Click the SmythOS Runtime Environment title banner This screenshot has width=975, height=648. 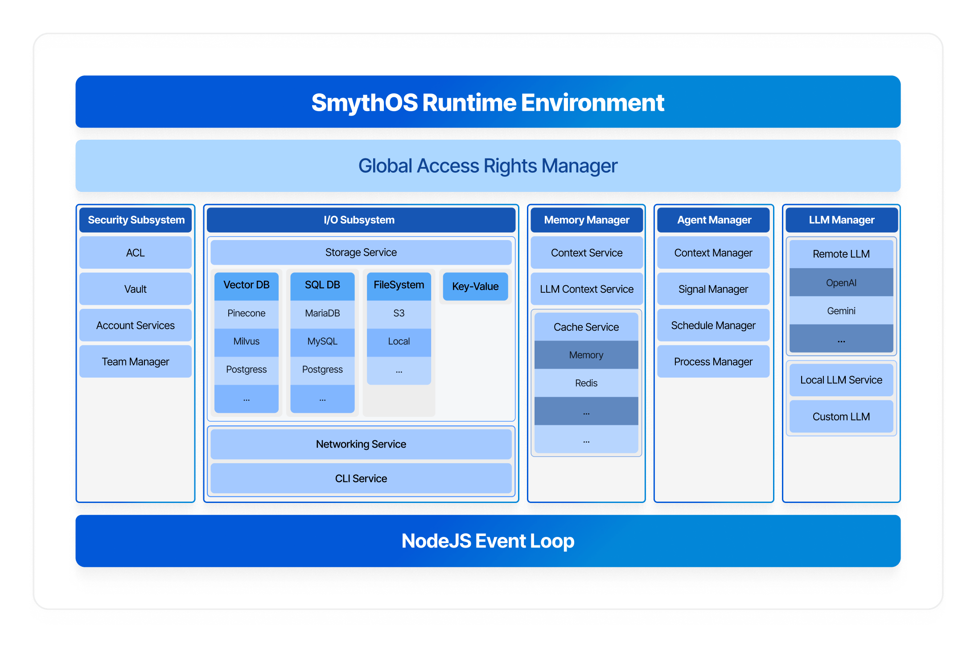[488, 102]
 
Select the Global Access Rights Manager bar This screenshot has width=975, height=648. [488, 166]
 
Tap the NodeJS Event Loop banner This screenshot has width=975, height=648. [488, 541]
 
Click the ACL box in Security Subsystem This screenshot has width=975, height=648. [136, 253]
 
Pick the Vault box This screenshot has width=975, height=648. [136, 289]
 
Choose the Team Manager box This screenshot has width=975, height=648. [136, 361]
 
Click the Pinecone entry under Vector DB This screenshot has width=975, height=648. [247, 313]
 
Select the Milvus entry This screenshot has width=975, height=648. [247, 341]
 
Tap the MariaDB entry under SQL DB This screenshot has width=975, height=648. [322, 313]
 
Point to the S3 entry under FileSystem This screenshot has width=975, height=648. [399, 313]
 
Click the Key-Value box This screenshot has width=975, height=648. [475, 287]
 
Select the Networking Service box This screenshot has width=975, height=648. [361, 444]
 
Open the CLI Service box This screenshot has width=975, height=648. [361, 478]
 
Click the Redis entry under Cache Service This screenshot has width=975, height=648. [586, 383]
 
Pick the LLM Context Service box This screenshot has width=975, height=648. [587, 289]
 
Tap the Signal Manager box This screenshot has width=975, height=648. [713, 289]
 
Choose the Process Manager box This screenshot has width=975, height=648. [713, 361]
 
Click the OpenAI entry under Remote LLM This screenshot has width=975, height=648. [841, 282]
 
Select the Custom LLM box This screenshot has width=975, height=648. [841, 416]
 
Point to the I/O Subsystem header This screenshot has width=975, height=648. [361, 220]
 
